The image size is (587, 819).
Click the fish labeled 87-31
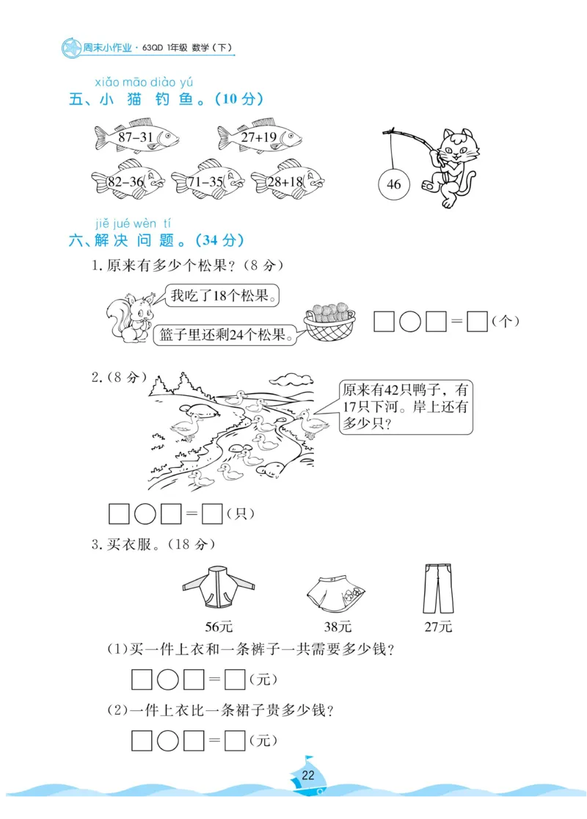tap(136, 137)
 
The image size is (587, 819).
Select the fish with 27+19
tap(259, 137)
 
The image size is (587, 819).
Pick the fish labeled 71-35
tap(208, 181)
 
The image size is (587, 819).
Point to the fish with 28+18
tap(287, 181)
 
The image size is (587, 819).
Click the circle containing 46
tap(394, 184)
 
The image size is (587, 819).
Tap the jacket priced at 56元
tap(218, 588)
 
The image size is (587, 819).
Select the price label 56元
tap(218, 627)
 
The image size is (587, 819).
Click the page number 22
tap(308, 776)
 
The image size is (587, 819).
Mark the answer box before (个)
tap(478, 322)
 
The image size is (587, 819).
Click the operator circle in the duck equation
tap(145, 514)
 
